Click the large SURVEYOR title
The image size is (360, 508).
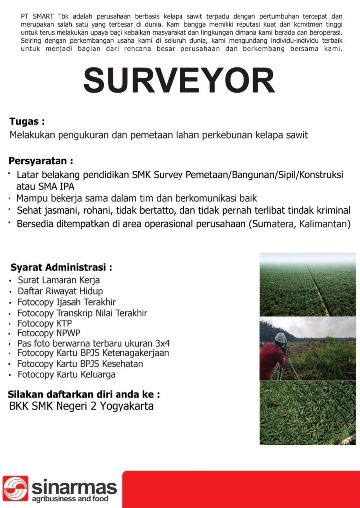pos(179,81)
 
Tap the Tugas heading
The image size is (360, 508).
pos(27,121)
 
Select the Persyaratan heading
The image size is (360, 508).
pos(41,161)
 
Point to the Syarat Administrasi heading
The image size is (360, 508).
pos(61,267)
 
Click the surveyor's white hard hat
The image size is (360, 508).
pos(280,337)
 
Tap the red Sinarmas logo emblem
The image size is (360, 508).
pos(15,489)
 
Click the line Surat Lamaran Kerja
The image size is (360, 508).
pos(59,280)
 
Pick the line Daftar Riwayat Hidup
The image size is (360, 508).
pos(60,291)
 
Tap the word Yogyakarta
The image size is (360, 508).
pos(128,406)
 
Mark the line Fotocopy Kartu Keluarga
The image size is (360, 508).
pos(66,374)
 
